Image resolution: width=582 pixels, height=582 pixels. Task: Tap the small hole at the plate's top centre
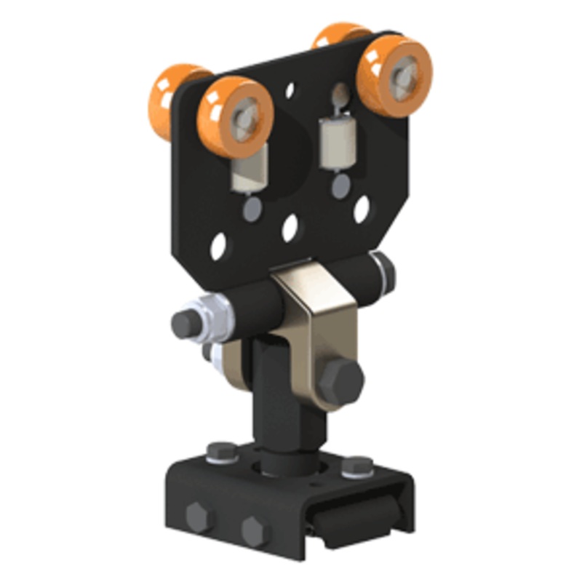pyautogui.click(x=290, y=91)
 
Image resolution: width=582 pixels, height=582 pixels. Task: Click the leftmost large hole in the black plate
pyautogui.click(x=218, y=247)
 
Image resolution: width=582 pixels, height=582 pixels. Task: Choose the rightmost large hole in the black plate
pyautogui.click(x=361, y=210)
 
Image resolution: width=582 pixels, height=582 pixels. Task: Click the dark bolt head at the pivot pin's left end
pyautogui.click(x=183, y=324)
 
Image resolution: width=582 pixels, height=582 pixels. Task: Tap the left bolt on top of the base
pyautogui.click(x=220, y=453)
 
